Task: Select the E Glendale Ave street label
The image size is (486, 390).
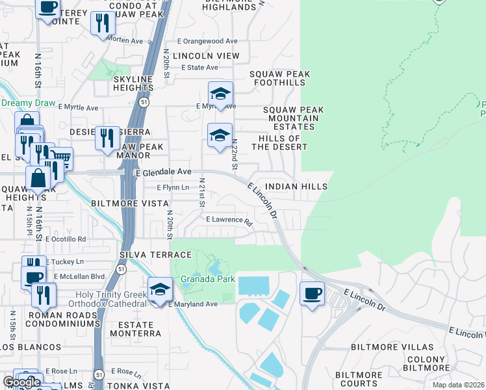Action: pos(163,172)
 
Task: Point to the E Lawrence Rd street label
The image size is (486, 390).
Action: pos(229,220)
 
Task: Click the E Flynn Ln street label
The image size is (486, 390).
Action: pos(173,187)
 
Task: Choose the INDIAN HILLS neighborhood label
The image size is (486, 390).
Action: pos(296,187)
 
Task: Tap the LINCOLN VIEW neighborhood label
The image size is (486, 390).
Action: pos(210,57)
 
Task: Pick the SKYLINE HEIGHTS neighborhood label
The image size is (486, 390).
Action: pos(133,84)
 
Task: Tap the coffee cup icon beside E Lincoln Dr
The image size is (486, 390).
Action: pos(312,293)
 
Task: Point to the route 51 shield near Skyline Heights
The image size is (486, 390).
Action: pos(141,102)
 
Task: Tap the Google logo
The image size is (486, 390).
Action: pos(21,382)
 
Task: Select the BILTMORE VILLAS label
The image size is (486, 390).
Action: pos(382,347)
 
